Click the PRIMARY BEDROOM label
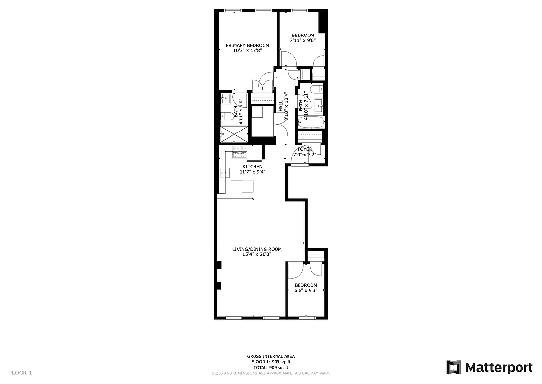(x=247, y=46)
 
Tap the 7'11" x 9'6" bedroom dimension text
(x=303, y=41)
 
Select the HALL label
(x=281, y=106)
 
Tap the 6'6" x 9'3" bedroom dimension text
(x=306, y=290)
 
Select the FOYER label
(x=305, y=149)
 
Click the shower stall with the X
(x=233, y=135)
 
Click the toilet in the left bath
(x=225, y=116)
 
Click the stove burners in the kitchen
(x=239, y=155)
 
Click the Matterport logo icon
(x=453, y=368)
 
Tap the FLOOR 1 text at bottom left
(x=20, y=372)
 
